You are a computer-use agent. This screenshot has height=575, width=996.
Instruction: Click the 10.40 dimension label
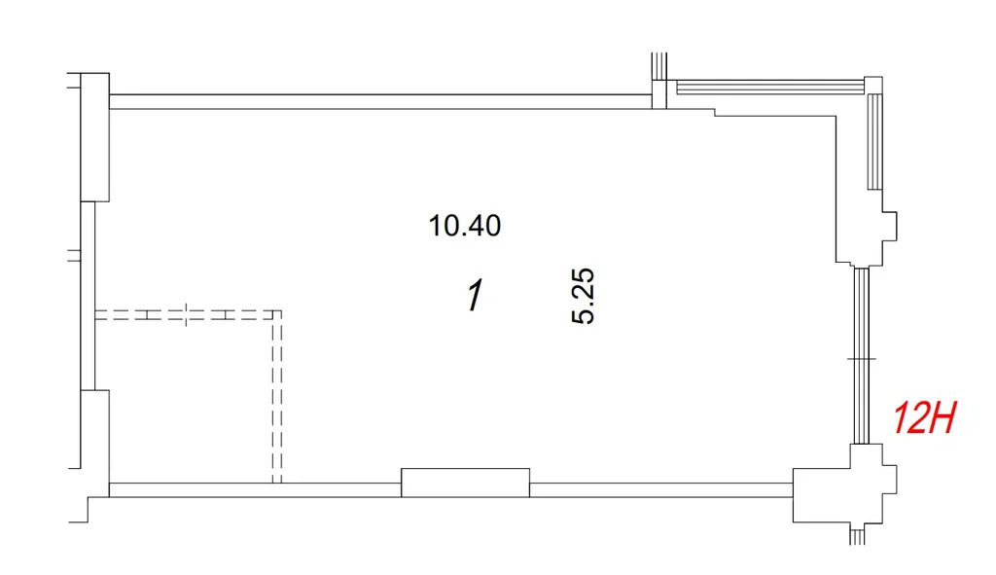(464, 226)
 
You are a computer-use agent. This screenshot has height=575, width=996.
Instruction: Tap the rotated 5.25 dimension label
(584, 296)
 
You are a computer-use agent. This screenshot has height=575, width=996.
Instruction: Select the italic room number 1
(475, 296)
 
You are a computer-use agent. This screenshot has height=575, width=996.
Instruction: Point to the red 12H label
(924, 418)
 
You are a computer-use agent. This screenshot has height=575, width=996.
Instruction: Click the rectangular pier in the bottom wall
(465, 483)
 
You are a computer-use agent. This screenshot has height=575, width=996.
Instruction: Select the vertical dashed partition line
(277, 397)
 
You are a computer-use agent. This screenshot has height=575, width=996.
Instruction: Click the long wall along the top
(381, 101)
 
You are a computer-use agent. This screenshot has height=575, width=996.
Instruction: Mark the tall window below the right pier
(862, 356)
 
